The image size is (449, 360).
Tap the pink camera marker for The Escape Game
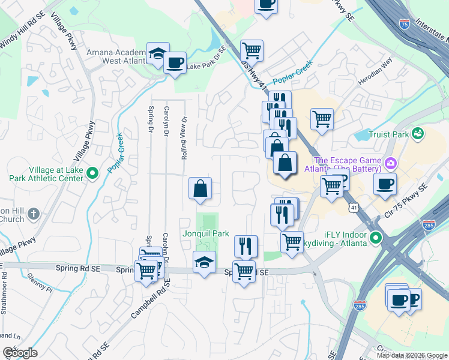coord(391,163)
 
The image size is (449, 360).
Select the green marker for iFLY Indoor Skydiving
coord(376,238)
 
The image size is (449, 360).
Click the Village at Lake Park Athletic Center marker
coord(92,174)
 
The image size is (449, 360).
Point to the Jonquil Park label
coord(206,233)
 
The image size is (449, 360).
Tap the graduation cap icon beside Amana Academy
coord(157,55)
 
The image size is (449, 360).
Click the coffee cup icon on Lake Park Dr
coord(175,62)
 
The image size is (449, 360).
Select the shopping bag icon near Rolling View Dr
coord(200,188)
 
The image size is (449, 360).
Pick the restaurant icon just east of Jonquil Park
coord(246,245)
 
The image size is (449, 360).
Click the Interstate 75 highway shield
coord(405,24)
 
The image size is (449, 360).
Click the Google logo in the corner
coord(20,353)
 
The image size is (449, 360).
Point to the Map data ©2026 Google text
coord(412,355)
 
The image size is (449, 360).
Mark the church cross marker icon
coord(34,214)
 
